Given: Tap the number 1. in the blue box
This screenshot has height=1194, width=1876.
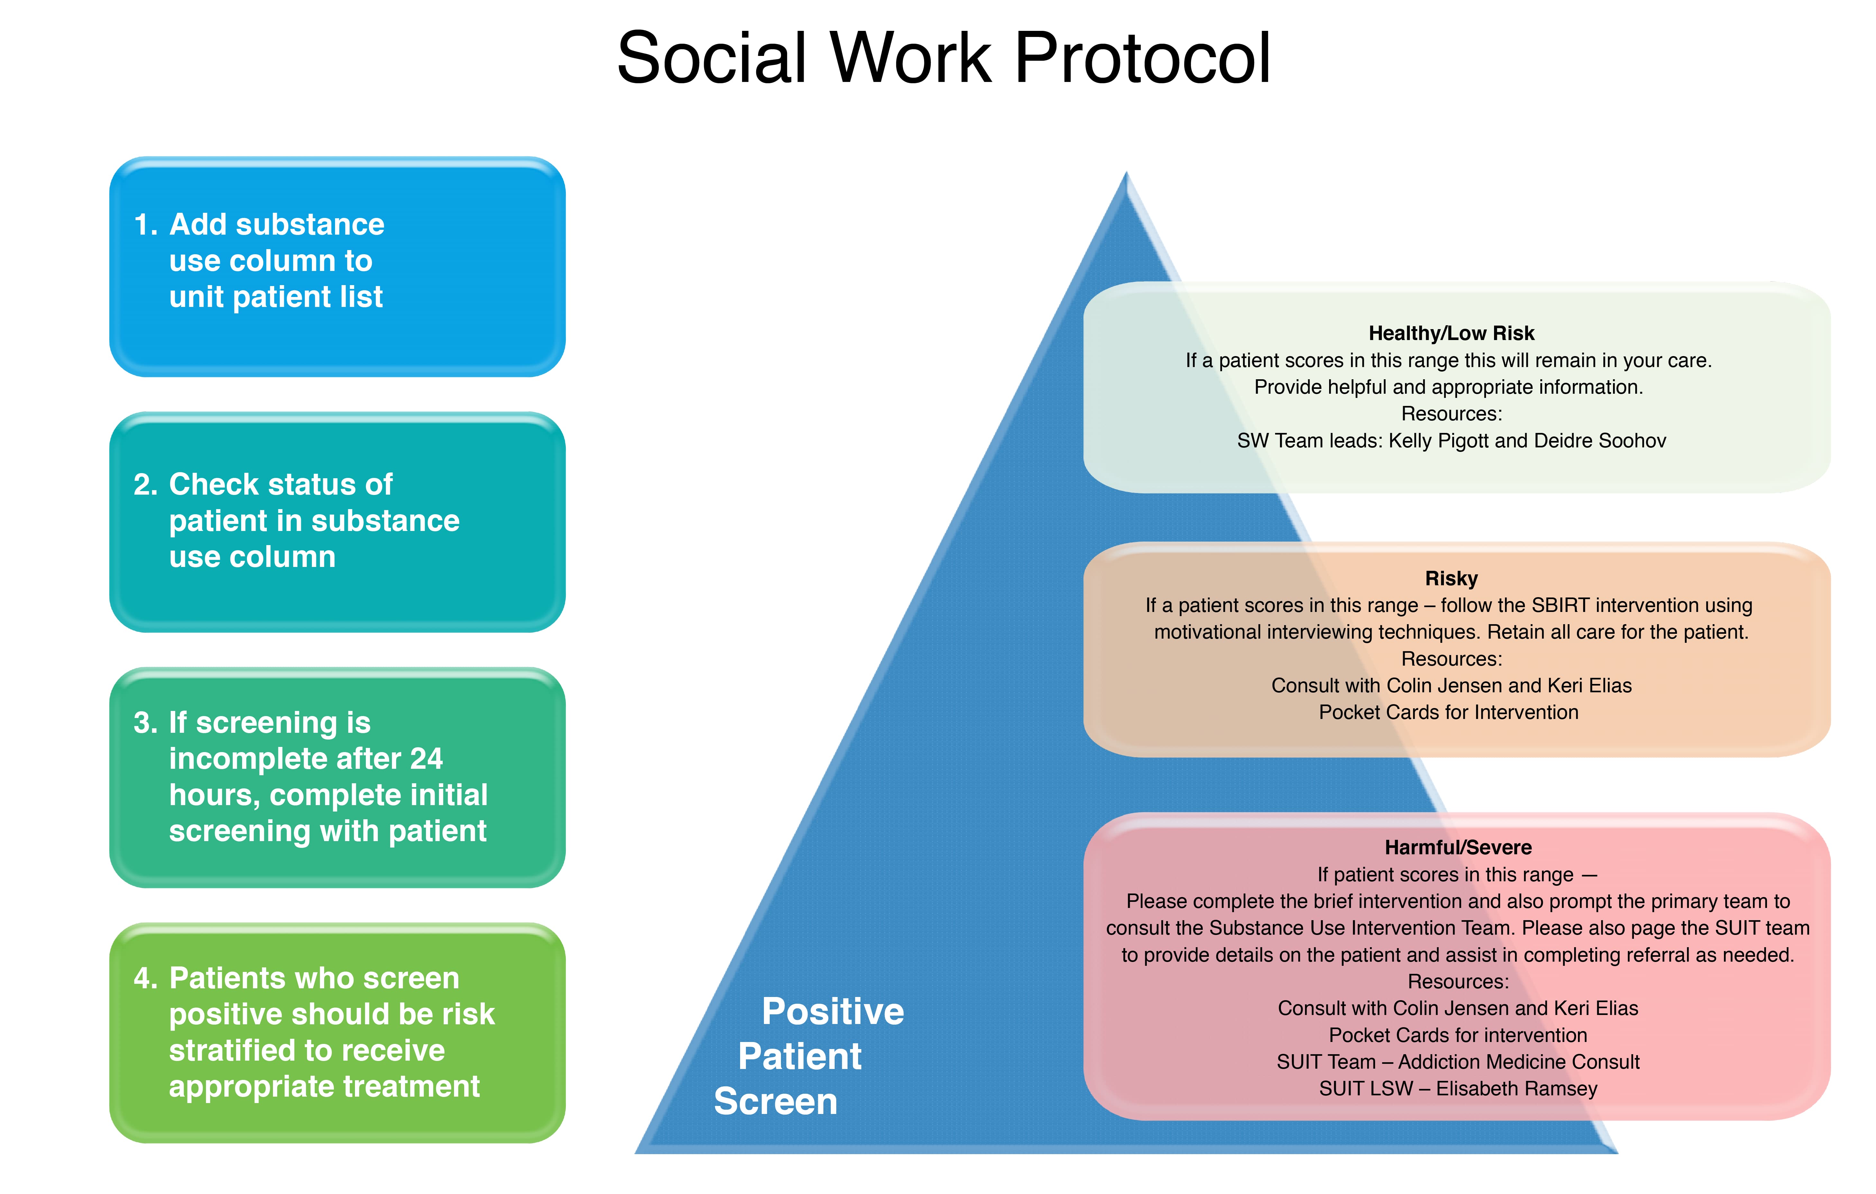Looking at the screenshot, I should [x=146, y=225].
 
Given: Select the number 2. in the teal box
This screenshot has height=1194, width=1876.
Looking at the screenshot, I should [x=146, y=485].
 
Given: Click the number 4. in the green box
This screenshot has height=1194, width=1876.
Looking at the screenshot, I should [x=146, y=978].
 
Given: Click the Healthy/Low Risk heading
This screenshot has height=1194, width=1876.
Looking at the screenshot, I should [x=1451, y=333].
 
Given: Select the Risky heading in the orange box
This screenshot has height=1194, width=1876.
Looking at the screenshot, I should [x=1451, y=579].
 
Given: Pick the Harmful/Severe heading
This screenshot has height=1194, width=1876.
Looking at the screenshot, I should [x=1458, y=848].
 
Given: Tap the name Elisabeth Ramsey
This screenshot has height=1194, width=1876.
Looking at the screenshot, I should [x=1516, y=1089].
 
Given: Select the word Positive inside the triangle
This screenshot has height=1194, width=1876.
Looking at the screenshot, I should [x=833, y=1012].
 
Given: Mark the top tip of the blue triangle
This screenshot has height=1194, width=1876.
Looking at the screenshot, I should [x=1127, y=175].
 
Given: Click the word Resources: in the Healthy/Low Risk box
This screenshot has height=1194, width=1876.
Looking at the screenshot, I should [x=1451, y=414].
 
